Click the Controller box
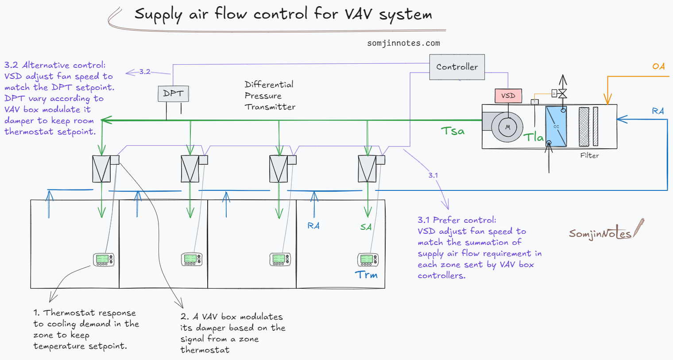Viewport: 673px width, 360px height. click(x=457, y=67)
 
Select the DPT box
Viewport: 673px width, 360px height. click(x=173, y=93)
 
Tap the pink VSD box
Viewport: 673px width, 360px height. click(x=508, y=96)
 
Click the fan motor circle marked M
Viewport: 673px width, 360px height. click(x=507, y=127)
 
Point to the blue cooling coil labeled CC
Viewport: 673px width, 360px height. click(x=556, y=127)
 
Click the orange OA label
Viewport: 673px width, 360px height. click(x=658, y=66)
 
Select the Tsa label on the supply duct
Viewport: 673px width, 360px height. click(x=453, y=131)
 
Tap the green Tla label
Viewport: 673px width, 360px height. click(x=534, y=137)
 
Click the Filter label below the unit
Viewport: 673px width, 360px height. click(x=589, y=155)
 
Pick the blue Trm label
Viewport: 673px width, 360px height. click(x=366, y=275)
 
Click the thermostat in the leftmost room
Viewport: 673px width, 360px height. click(x=104, y=259)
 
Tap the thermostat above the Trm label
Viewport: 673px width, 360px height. click(x=367, y=259)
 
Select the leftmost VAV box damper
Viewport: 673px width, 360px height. click(x=101, y=169)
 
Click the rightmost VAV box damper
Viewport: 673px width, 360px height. click(x=367, y=169)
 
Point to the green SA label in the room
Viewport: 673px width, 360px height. click(x=366, y=227)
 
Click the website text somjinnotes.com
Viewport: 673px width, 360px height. click(x=403, y=43)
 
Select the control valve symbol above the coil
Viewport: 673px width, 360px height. click(x=562, y=93)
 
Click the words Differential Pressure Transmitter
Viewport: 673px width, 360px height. click(x=270, y=96)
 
